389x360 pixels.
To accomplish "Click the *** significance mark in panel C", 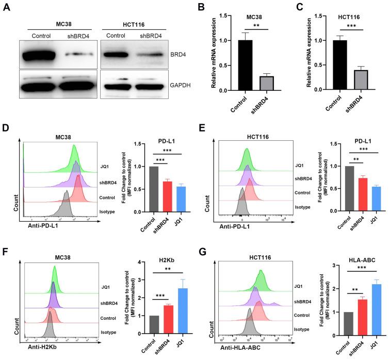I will (x=350, y=24).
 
